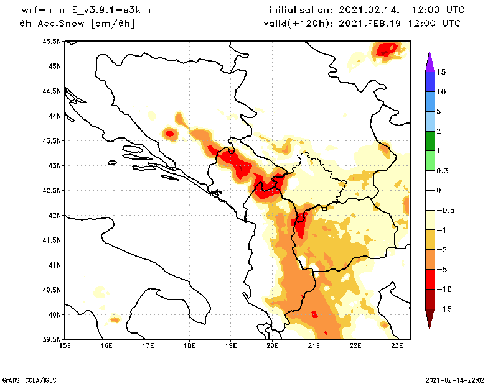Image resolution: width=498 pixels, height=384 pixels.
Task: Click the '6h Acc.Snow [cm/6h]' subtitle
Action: [77, 23]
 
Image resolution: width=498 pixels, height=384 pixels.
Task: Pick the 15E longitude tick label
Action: [64, 345]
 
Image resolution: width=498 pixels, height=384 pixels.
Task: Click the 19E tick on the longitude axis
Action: [231, 345]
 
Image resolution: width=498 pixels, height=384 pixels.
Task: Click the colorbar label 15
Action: [441, 72]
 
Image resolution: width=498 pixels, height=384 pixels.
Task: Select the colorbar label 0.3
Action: [443, 171]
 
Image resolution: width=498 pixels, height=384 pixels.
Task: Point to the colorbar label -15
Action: [444, 309]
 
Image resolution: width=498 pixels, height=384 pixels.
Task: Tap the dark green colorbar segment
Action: [430, 141]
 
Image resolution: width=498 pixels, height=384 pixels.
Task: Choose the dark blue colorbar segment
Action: [430, 82]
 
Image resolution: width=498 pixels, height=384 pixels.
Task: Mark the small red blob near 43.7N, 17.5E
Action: [170, 133]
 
